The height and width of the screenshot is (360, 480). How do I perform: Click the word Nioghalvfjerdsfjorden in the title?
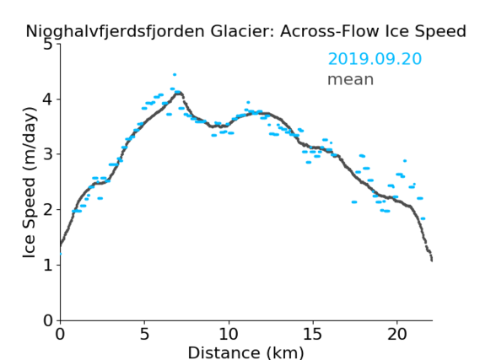(115, 32)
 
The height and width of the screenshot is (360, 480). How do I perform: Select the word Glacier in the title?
(241, 31)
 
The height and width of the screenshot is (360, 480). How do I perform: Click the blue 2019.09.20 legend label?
(375, 59)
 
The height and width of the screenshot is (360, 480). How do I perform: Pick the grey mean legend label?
(351, 79)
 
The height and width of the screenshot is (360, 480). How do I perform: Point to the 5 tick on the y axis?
(48, 45)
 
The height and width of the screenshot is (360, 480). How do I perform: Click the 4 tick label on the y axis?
(48, 99)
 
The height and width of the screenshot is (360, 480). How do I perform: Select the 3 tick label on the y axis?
(48, 154)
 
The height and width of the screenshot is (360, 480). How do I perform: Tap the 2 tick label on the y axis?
(48, 210)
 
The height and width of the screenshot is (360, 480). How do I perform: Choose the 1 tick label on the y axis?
(48, 265)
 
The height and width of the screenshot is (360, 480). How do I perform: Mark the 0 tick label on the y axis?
(48, 320)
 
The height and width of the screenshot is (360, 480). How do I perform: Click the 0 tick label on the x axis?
(60, 334)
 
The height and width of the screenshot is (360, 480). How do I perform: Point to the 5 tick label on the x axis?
(144, 334)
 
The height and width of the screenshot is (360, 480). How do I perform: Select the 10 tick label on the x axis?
(229, 334)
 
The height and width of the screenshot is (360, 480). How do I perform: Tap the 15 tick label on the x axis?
(313, 334)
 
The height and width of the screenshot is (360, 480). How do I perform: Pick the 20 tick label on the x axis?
(396, 334)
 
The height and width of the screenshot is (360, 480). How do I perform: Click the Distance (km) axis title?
(245, 352)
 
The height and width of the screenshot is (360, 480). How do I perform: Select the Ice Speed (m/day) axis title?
(30, 183)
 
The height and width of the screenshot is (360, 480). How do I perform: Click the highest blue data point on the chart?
(175, 75)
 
